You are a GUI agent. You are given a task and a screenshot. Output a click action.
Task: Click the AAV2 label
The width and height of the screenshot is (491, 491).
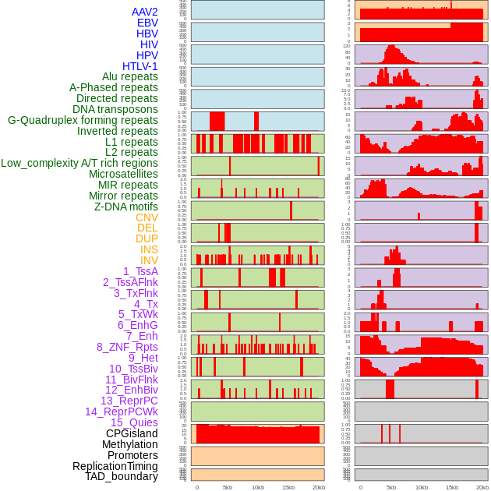click(x=144, y=12)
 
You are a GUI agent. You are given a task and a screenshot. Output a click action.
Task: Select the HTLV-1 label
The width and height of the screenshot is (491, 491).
click(x=140, y=66)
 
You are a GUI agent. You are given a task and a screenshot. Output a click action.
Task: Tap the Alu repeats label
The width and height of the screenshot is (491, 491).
click(x=129, y=76)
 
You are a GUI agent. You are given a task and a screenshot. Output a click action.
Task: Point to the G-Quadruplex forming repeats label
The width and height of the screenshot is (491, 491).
click(x=83, y=120)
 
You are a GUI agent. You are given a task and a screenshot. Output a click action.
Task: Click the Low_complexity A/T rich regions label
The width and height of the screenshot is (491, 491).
click(x=79, y=163)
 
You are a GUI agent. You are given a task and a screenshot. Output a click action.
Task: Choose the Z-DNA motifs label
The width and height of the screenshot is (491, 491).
click(x=125, y=207)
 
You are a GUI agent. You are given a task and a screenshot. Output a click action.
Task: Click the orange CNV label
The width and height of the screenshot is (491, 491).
click(x=147, y=217)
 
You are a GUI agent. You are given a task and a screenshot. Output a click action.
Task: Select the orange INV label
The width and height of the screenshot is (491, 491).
click(x=149, y=260)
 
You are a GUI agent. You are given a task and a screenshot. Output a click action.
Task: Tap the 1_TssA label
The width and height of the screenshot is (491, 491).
click(x=140, y=271)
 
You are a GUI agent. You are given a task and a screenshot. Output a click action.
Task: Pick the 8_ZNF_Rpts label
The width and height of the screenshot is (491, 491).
click(x=127, y=347)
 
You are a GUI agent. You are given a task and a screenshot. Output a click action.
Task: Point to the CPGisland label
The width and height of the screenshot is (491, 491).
click(x=132, y=433)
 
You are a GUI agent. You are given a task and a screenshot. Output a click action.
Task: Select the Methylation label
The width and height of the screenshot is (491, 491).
click(x=129, y=444)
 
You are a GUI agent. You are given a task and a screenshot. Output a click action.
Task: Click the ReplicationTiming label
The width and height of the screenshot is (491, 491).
click(x=115, y=466)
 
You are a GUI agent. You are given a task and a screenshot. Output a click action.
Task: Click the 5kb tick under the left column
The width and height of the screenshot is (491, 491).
click(x=228, y=487)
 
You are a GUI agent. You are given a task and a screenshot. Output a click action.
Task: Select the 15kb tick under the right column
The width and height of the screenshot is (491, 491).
click(x=452, y=487)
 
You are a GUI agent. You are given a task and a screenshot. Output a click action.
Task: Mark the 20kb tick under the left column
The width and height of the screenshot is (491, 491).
click(x=319, y=487)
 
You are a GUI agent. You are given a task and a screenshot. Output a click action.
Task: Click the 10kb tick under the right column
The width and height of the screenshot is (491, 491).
click(x=422, y=487)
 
